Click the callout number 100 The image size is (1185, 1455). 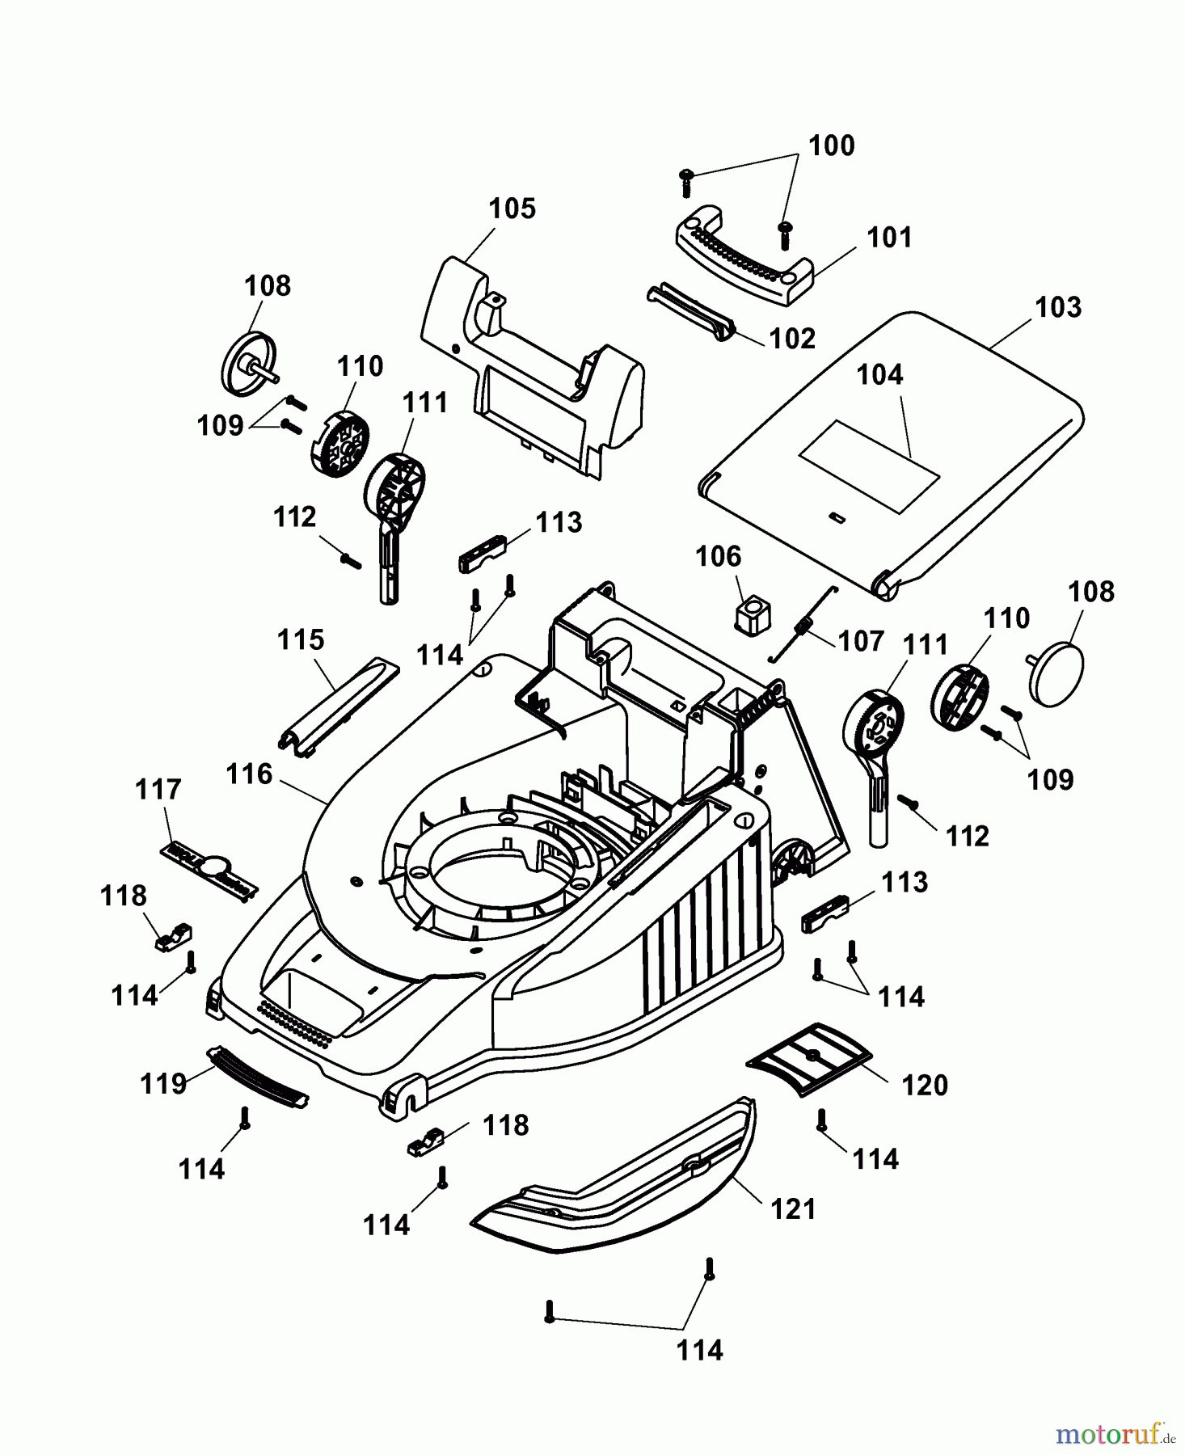pyautogui.click(x=831, y=145)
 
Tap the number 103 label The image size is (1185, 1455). pyautogui.click(x=1057, y=307)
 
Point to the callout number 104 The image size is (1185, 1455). pyautogui.click(x=879, y=374)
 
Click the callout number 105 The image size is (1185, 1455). pyautogui.click(x=512, y=209)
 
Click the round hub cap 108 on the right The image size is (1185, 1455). pyautogui.click(x=1057, y=673)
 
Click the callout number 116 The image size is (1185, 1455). pyautogui.click(x=249, y=774)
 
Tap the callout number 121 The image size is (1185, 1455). pyautogui.click(x=793, y=1208)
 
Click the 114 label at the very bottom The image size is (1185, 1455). pyautogui.click(x=699, y=1350)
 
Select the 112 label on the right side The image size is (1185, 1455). pyautogui.click(x=967, y=835)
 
